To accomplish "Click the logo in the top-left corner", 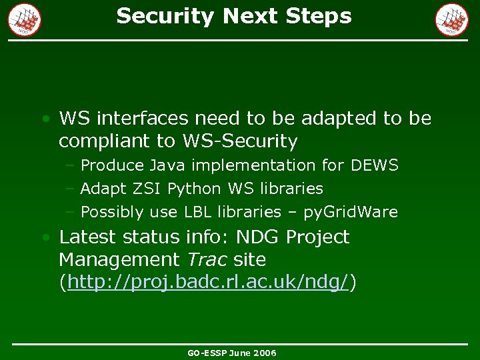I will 25,19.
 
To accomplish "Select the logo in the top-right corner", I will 452,19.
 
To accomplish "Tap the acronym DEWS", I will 373,165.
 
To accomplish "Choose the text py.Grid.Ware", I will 350,213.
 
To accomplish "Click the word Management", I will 119,259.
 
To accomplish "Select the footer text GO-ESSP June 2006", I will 232,353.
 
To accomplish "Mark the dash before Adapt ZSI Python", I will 70,189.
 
